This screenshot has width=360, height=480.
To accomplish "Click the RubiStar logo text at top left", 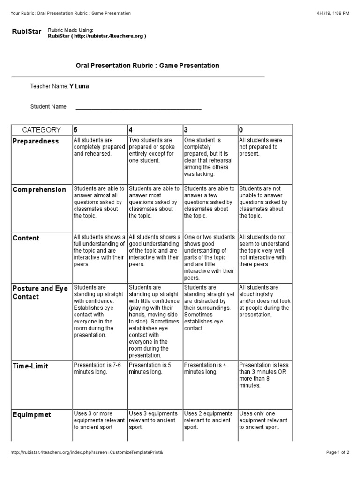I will (26, 32).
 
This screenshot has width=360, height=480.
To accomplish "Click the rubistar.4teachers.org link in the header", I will (97, 36).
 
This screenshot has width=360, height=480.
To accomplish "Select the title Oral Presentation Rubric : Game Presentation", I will (147, 66).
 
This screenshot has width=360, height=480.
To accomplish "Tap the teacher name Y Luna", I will (79, 86).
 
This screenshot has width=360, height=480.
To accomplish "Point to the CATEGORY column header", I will (41, 130).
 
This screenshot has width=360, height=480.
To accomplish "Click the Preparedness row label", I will (36, 141).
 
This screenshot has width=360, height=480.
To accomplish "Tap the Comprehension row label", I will (39, 190).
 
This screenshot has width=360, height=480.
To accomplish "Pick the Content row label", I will (26, 238).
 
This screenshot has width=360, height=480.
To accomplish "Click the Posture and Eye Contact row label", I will (40, 292).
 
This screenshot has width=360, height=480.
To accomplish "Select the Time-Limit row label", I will (30, 366).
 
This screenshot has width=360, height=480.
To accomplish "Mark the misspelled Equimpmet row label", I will (32, 415).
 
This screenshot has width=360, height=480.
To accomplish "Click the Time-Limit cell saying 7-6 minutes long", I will (99, 368).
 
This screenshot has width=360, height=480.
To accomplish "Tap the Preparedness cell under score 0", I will (265, 147).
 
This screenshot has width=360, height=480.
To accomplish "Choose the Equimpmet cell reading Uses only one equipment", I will (265, 420).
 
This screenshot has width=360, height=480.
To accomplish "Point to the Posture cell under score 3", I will (210, 308).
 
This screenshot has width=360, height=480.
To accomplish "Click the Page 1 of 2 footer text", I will (337, 452).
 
